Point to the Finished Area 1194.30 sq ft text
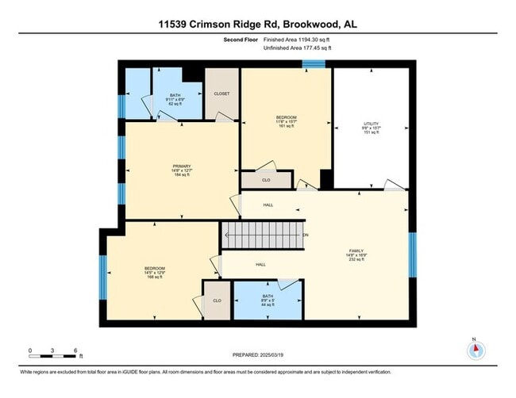297,40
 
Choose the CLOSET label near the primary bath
221,94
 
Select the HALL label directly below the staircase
260,265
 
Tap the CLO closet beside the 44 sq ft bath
217,300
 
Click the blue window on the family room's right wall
412,254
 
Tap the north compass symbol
475,350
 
